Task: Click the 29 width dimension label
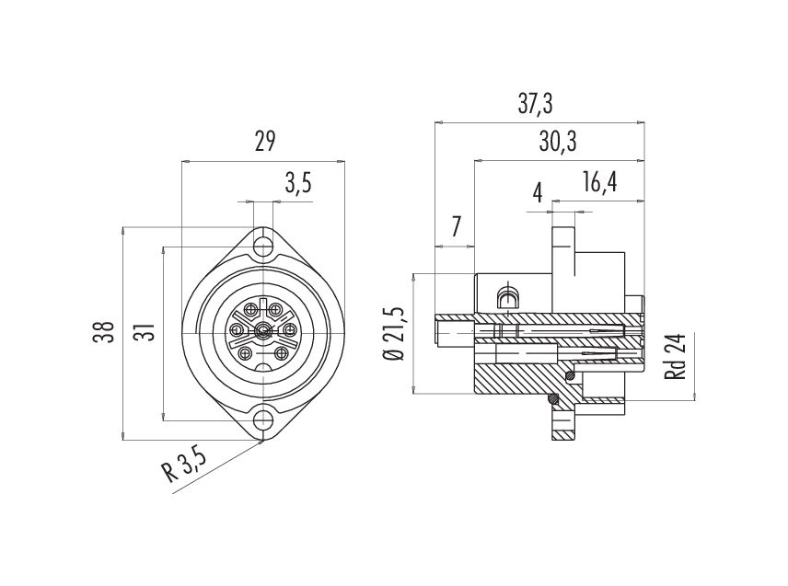(265, 142)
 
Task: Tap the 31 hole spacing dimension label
(145, 331)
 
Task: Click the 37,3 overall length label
(535, 105)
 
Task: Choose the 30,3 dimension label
(558, 142)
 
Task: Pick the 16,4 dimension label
(599, 182)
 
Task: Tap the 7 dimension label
(456, 227)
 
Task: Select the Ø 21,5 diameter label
(393, 333)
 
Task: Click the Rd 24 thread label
(675, 356)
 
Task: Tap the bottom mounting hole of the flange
(263, 419)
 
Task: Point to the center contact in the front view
(262, 330)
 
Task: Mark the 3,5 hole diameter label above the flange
(298, 183)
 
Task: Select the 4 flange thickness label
(538, 193)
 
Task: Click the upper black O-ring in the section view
(571, 375)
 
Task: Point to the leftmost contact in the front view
(236, 330)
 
